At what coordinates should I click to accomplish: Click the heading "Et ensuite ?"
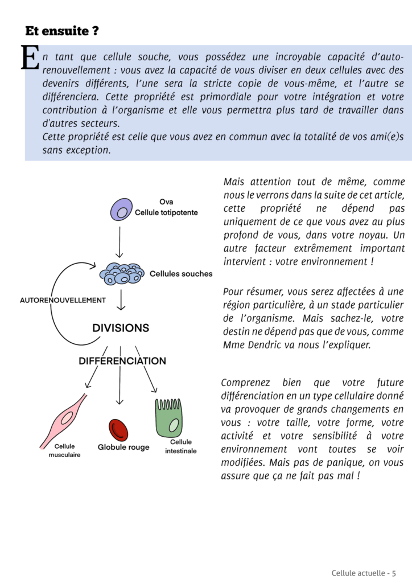point(62,31)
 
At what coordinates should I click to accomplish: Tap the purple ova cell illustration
point(120,209)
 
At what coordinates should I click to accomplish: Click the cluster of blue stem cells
point(121,274)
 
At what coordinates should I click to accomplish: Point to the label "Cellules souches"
point(181,274)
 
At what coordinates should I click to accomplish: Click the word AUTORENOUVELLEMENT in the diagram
point(63,299)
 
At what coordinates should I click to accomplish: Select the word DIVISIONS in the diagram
point(121,328)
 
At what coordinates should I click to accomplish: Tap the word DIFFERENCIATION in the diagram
point(122,361)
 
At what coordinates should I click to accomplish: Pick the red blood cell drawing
point(118,430)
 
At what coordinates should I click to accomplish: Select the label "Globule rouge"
point(123,447)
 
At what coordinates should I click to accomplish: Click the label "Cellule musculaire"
point(64,450)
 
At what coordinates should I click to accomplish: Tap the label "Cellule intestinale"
point(181,446)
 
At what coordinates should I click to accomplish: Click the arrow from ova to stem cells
point(119,242)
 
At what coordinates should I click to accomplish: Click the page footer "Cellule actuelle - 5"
point(364,572)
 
